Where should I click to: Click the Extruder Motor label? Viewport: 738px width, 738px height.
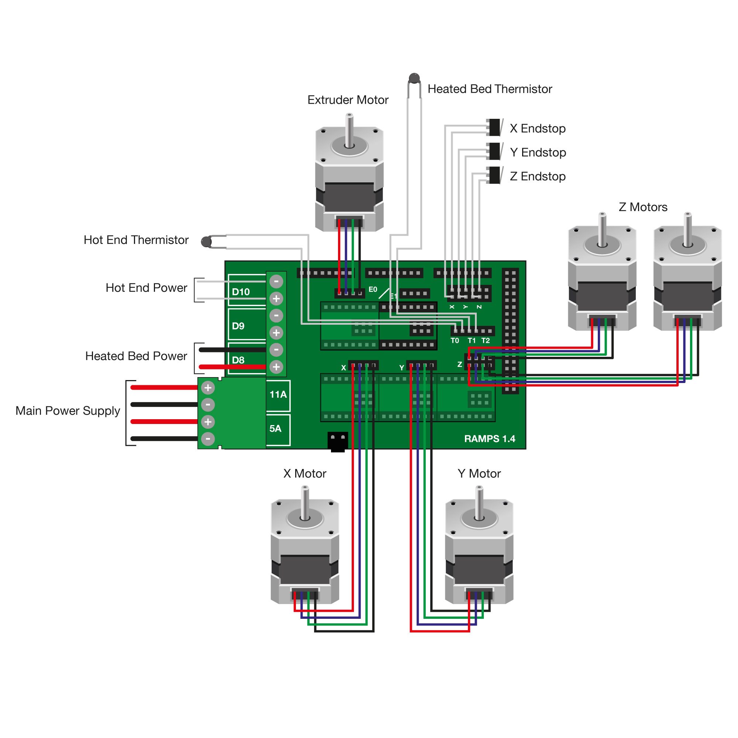point(348,100)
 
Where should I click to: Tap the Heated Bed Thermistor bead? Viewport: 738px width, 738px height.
point(414,79)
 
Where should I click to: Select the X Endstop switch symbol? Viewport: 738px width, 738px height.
point(494,128)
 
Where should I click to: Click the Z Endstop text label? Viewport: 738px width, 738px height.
point(538,176)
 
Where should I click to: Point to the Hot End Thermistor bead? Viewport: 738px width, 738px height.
point(206,242)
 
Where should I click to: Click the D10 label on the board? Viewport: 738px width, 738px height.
point(241,292)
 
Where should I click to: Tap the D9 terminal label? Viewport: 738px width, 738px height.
point(238,326)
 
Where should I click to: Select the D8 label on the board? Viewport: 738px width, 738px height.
point(238,360)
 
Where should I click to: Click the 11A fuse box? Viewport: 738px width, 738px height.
point(278,394)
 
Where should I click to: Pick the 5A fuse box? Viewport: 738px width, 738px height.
point(276,428)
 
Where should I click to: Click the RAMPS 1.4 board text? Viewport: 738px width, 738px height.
point(490,439)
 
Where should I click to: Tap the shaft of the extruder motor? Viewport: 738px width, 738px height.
point(349,130)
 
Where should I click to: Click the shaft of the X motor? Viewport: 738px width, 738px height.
point(305,503)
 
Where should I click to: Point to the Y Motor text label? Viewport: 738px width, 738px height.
point(479,474)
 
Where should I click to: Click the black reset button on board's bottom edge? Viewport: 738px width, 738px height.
point(338,442)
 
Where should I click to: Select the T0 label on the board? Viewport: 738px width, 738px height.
point(455,341)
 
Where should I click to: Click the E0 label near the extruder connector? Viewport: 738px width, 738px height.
point(373,290)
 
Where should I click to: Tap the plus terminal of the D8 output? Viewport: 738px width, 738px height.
point(276,367)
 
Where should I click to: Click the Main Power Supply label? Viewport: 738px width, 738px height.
point(68,411)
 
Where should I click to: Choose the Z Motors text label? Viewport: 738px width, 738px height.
point(643,207)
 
